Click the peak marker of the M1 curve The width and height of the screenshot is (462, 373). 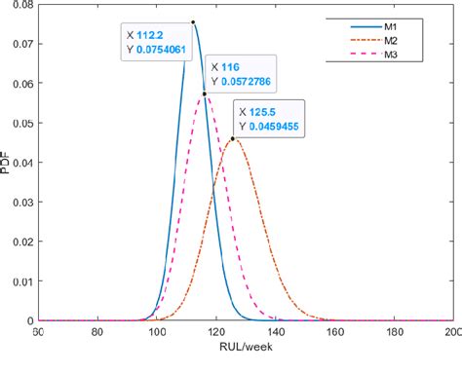193,21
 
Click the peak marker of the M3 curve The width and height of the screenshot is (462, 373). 204,93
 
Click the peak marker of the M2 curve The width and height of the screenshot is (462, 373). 232,138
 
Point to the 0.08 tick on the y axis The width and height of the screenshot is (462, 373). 20,5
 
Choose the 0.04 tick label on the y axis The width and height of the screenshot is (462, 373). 20,163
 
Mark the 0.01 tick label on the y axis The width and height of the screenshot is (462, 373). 20,281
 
